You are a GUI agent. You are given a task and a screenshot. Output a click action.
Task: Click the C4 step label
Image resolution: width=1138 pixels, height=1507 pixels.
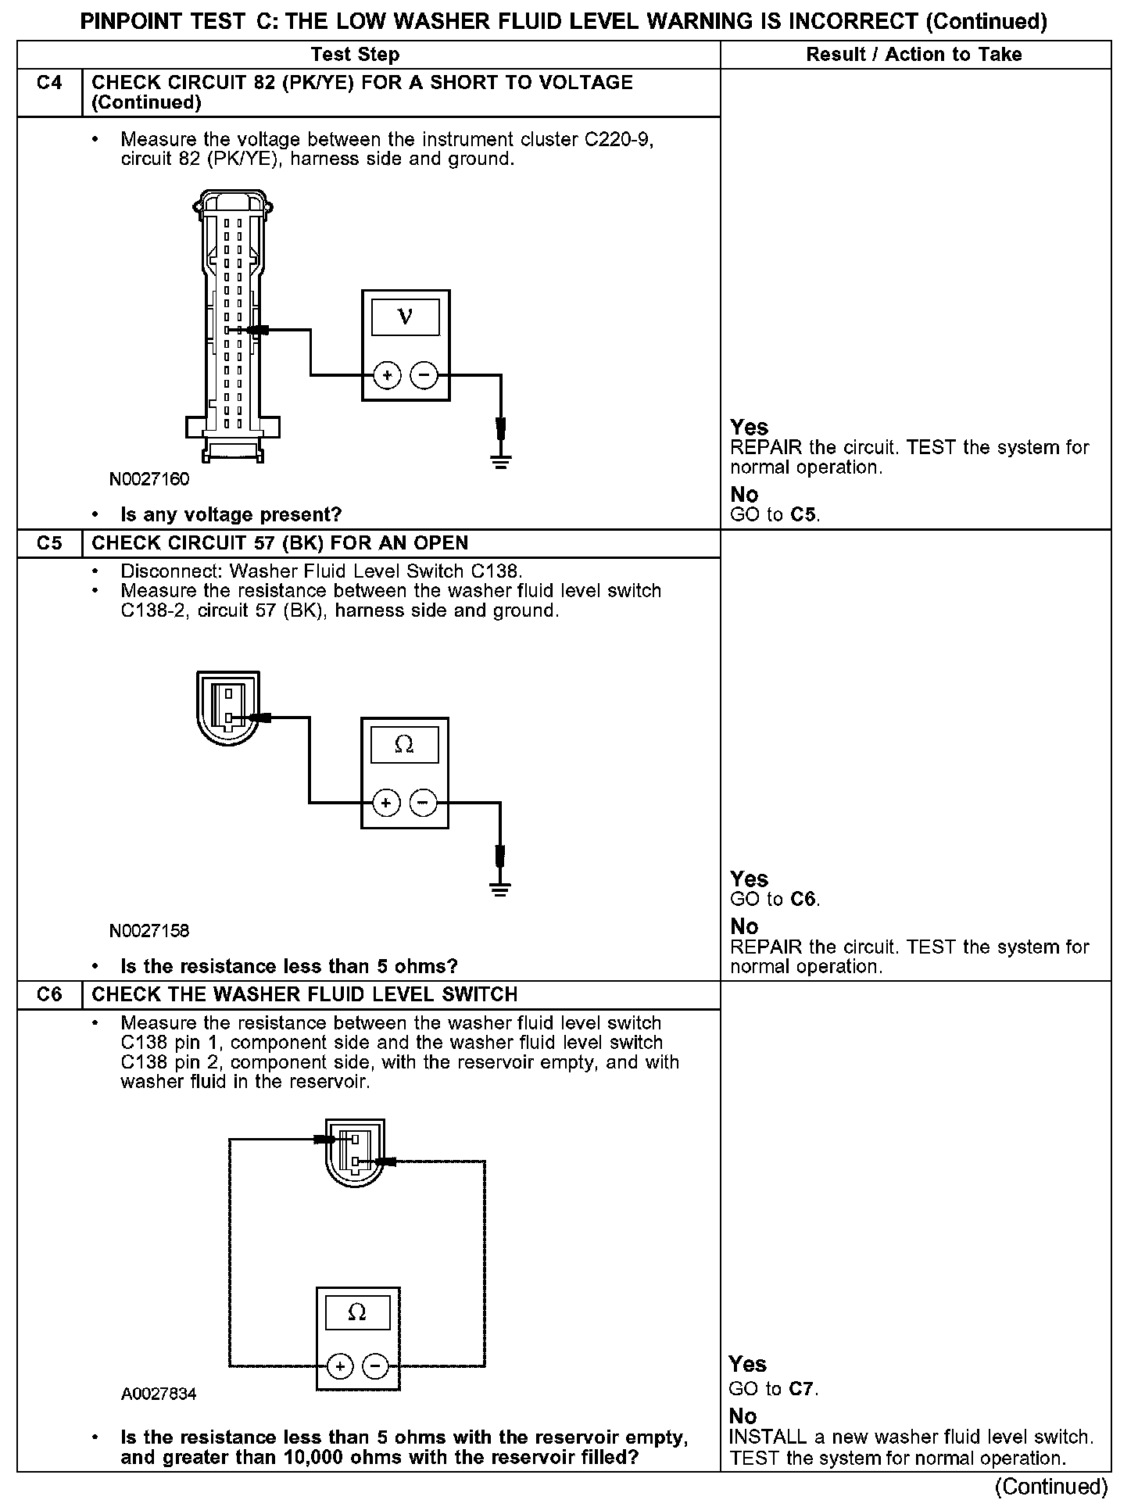coord(48,83)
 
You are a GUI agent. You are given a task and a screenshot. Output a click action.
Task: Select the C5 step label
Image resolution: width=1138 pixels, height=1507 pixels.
coord(48,543)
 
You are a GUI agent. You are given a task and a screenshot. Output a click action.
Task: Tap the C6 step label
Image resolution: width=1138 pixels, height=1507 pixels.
coord(48,995)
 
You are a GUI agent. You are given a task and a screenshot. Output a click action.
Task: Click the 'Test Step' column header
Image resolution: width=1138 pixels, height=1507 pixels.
coord(355,55)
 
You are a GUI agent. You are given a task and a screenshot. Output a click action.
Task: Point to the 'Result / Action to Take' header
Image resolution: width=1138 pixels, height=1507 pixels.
coord(914,55)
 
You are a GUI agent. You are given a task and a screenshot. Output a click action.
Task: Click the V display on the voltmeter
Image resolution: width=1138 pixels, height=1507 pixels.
coord(405,317)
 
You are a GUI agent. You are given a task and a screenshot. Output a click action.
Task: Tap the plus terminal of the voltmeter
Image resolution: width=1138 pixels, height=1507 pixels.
coord(387,376)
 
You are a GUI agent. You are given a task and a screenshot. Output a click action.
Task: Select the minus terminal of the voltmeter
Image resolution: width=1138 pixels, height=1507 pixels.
coord(424,376)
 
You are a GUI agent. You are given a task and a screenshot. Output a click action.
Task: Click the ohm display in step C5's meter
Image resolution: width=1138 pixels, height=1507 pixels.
coord(404,745)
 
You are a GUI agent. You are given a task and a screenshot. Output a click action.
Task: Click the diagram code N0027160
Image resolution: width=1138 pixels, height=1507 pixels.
coord(149,479)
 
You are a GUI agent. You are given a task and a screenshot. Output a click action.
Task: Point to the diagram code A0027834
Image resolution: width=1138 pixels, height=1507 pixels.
coord(159,1394)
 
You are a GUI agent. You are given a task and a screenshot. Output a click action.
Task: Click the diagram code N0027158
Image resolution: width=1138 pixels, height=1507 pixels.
coord(149,931)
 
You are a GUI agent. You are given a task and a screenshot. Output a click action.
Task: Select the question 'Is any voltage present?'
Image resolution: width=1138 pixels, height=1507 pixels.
coord(231,515)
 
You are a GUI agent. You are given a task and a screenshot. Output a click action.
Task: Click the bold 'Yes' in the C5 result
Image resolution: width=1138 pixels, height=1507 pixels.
coord(749,879)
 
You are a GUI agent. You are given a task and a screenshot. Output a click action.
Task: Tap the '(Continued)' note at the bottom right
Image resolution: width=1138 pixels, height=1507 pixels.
coord(1052,1486)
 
